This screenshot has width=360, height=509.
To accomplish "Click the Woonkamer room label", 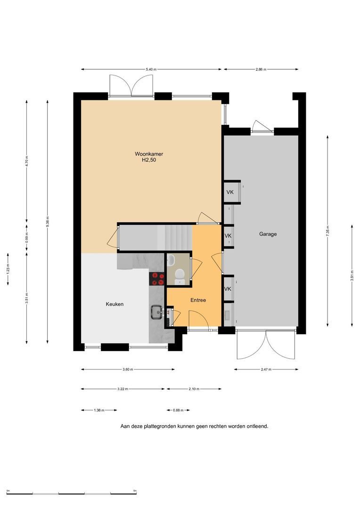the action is pos(149,154).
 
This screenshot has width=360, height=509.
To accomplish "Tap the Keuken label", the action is pos(115,304).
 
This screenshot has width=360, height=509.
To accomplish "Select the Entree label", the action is pos(198,300).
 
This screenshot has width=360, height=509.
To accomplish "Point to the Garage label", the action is pos(268,234).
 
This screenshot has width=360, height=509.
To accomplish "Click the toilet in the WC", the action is pos(180,277).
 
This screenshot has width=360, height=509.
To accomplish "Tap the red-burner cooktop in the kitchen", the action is pos(157,279).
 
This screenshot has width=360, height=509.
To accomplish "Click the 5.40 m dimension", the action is pos(151,69).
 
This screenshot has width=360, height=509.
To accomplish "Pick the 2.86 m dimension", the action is pos(261,69).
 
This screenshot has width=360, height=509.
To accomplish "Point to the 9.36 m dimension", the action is pos(48,222).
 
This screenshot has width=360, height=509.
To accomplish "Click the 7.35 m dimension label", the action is pos(327,231).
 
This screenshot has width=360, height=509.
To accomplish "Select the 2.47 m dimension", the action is pos(266,369).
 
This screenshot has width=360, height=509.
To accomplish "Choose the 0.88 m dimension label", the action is pos(178,410).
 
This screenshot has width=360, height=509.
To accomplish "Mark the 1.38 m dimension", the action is pos(99,410).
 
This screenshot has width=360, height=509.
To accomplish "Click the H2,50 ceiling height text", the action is pos(149,160).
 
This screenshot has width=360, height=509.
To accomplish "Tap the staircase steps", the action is pos(175,238).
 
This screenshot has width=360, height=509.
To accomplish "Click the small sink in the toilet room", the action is pos(171,259).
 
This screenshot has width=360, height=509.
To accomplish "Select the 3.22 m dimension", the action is pos(123,389).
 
